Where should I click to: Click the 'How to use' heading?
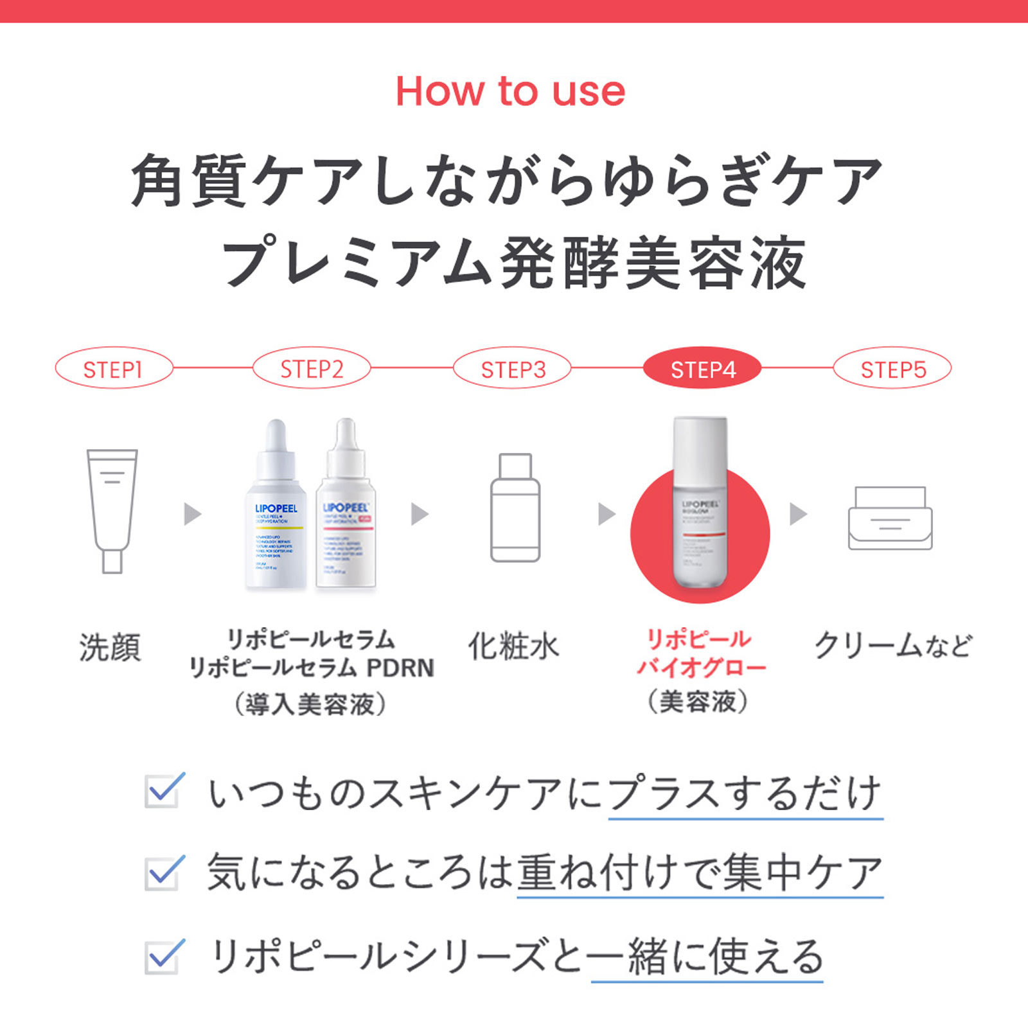(x=510, y=91)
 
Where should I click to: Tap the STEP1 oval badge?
(x=114, y=369)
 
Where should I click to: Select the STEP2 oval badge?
(x=312, y=369)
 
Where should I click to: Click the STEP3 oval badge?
(x=513, y=369)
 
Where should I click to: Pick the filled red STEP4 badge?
(x=702, y=369)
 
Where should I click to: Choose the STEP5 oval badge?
(x=892, y=369)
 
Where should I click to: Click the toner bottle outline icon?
(x=515, y=508)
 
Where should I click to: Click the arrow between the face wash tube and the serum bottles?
(x=192, y=514)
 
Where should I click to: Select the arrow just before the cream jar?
(x=797, y=514)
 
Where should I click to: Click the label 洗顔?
(x=110, y=647)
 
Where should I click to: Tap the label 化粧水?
(x=513, y=646)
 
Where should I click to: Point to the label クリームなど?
(x=892, y=646)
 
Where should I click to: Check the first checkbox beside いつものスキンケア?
(x=163, y=791)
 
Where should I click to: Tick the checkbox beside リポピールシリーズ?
(x=163, y=957)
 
